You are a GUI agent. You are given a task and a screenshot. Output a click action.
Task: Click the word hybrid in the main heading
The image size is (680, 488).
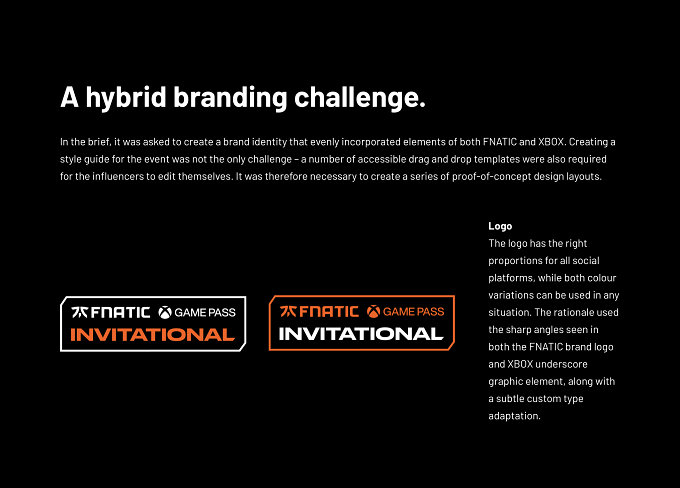(x=126, y=98)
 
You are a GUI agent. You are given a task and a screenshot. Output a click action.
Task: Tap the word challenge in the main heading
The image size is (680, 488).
(x=356, y=98)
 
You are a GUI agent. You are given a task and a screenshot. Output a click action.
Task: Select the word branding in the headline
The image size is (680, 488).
(x=230, y=98)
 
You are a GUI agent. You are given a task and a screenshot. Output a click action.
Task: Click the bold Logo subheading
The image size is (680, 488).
(x=500, y=226)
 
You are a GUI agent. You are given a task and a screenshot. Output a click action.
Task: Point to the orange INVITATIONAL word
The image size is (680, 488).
(x=153, y=335)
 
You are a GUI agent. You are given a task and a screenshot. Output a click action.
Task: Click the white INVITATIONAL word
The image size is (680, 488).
(x=361, y=334)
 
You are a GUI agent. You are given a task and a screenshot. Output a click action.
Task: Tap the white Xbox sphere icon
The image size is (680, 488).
(x=165, y=312)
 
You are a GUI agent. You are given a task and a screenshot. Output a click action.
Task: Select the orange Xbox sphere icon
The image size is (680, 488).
(x=373, y=311)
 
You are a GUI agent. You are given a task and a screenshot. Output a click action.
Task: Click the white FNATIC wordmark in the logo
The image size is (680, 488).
(x=121, y=312)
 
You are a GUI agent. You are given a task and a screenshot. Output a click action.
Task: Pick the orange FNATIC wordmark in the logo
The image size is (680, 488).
(x=329, y=311)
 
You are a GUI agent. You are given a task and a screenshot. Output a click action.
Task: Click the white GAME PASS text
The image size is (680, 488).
(x=205, y=312)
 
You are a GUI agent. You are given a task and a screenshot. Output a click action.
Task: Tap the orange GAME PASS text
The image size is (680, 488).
(x=414, y=311)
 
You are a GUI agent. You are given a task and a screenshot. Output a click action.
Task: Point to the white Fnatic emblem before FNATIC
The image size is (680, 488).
(x=80, y=312)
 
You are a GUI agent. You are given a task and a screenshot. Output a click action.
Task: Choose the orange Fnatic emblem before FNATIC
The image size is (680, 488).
(x=288, y=311)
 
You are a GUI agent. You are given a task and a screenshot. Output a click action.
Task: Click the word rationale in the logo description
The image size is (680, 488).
(x=575, y=312)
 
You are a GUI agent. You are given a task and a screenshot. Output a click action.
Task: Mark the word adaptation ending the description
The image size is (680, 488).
(x=514, y=416)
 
